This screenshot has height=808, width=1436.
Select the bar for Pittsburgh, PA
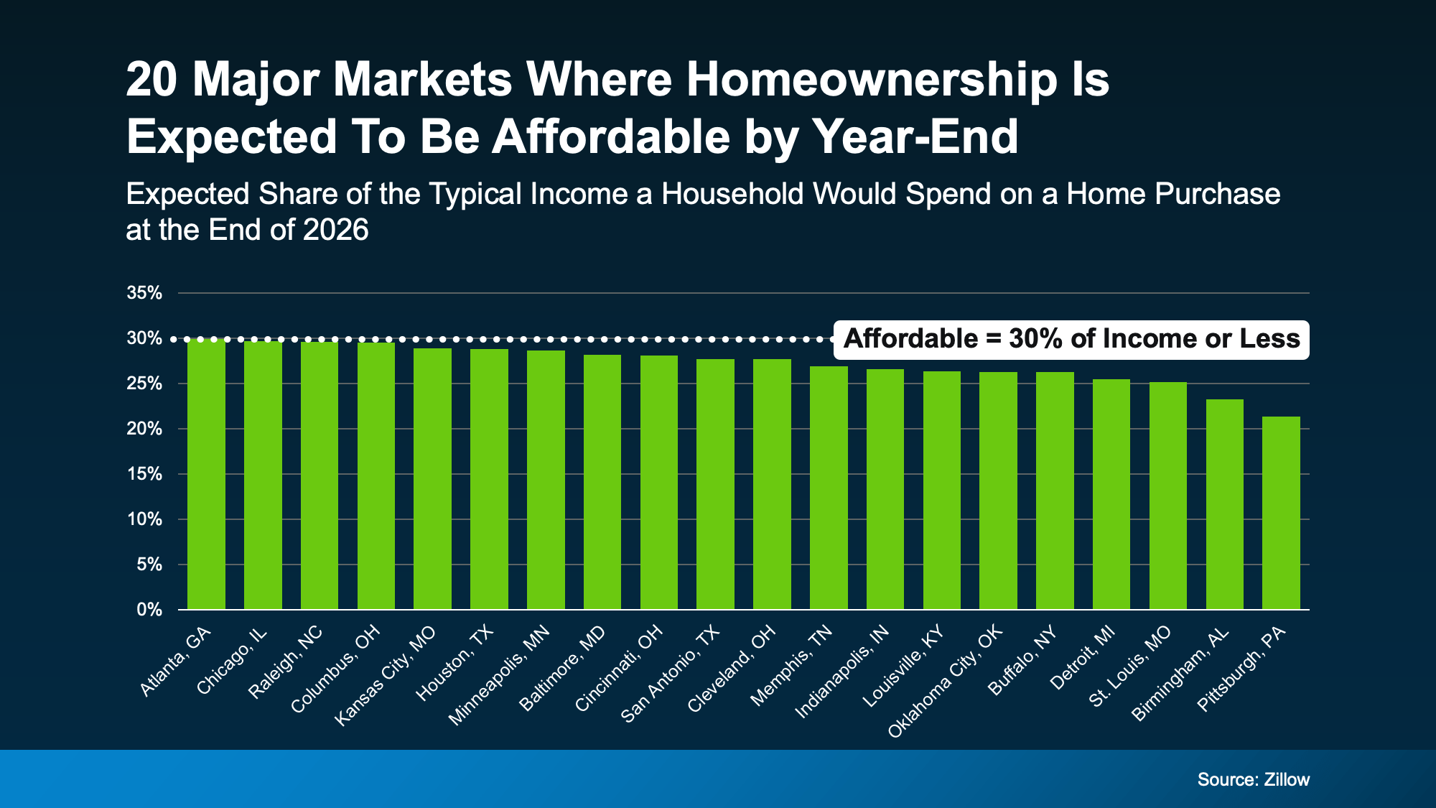point(1281,513)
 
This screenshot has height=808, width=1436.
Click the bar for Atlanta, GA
point(206,474)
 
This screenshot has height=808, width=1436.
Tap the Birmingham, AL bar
point(1224,504)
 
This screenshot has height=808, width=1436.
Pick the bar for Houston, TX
point(489,479)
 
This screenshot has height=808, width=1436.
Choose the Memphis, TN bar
point(829,488)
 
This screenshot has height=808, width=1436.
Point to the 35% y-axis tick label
point(144,293)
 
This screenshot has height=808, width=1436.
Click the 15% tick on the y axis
point(144,474)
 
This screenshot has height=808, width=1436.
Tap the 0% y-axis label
point(149,610)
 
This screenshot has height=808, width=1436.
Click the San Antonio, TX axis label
point(669,674)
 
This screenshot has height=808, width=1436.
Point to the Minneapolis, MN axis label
point(499,674)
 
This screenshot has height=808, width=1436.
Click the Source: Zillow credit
point(1253,779)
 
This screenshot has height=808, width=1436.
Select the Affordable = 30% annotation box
point(1071,339)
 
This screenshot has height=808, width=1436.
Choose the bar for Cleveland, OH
point(772,484)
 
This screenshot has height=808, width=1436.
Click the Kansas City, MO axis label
point(386,675)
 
